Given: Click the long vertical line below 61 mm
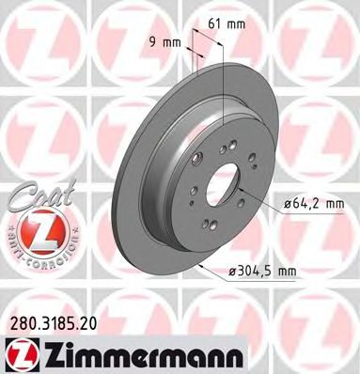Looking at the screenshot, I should pyautogui.click(x=223, y=103).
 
